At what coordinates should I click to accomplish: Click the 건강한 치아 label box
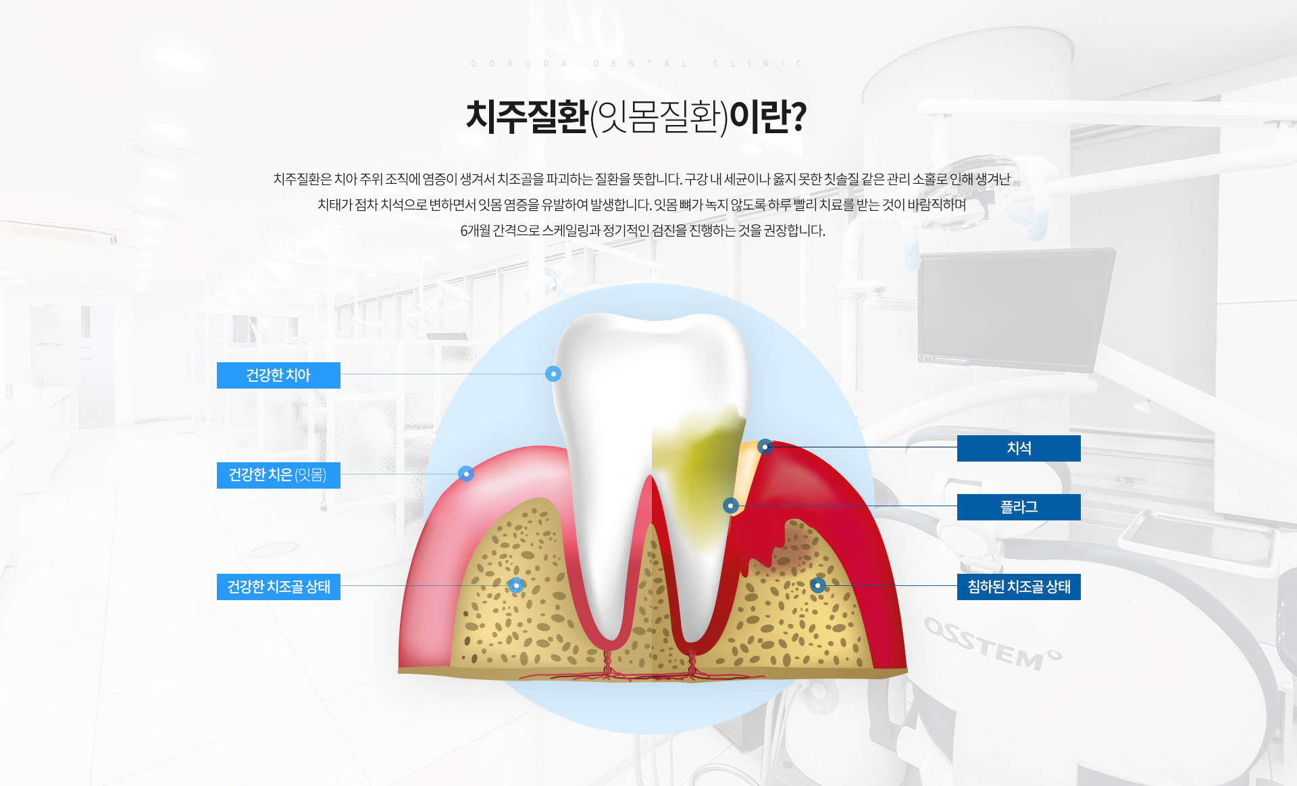278,375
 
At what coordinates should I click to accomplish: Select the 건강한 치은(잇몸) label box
278,475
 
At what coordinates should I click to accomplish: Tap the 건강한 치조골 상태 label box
278,587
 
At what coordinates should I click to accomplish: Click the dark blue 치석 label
1019,448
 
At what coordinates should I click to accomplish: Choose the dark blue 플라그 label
1019,507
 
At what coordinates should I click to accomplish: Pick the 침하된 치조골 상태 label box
1019,587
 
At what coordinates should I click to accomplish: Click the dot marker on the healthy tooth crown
553,374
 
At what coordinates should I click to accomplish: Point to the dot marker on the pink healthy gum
466,474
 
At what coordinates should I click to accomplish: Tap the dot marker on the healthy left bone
516,585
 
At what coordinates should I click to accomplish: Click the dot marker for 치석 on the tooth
765,447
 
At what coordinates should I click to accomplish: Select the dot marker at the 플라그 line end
730,506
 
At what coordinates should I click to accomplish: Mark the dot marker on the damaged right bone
818,585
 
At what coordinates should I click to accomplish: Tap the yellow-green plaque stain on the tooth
699,473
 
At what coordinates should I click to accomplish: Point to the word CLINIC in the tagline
758,64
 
